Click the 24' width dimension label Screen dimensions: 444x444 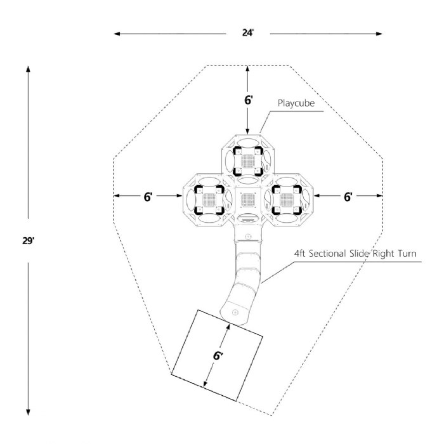[248, 33]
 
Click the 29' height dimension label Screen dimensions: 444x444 [29, 241]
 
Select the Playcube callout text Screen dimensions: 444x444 [296, 103]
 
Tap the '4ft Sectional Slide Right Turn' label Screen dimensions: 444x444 [355, 253]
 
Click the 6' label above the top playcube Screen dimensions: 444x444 [249, 100]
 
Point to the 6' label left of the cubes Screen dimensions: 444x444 [148, 197]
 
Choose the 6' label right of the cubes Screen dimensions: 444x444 [348, 197]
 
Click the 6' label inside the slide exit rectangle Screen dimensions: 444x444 [218, 356]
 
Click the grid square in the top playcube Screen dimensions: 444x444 [248, 161]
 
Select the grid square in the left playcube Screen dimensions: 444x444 [209, 200]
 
